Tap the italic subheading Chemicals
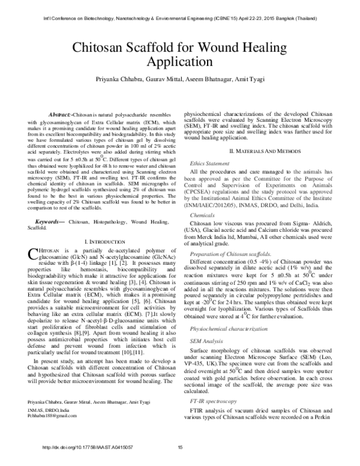pyautogui.click(x=203, y=214)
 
